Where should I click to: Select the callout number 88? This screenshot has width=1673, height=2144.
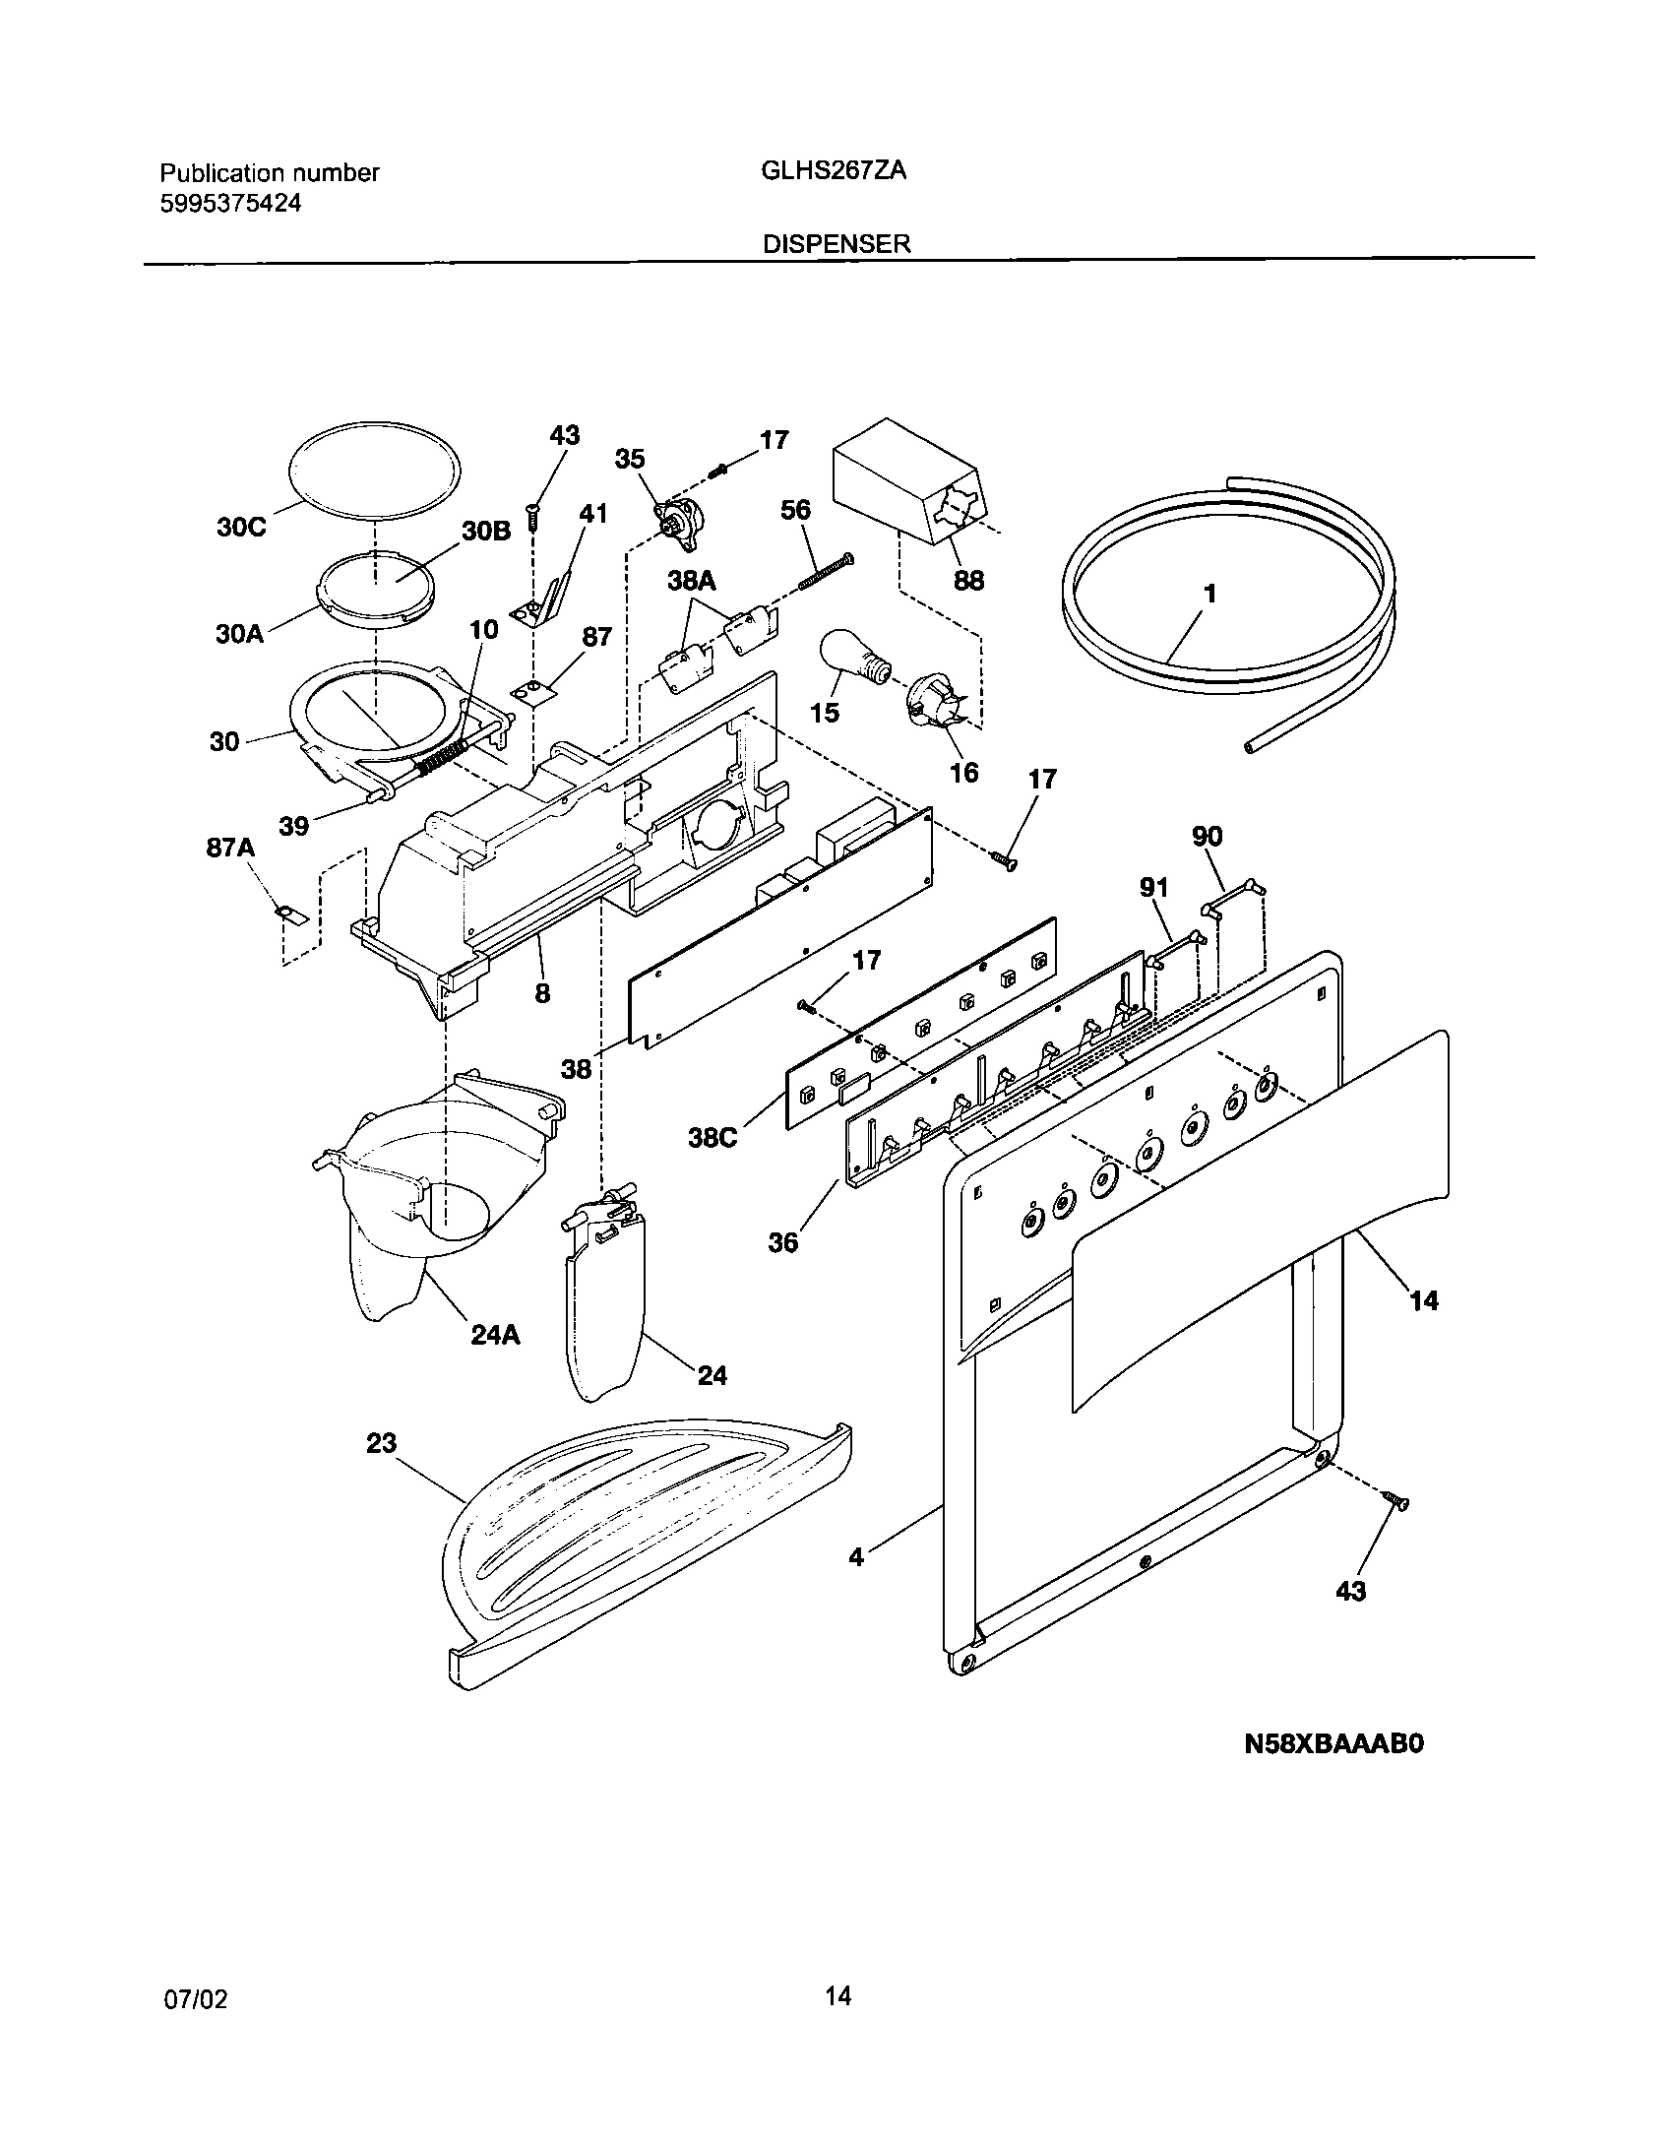[968, 581]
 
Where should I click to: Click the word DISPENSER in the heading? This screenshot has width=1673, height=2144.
[836, 244]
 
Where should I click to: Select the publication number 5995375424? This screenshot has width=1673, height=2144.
[230, 204]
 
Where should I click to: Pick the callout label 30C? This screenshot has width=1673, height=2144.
[241, 528]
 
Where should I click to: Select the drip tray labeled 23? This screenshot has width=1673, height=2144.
[640, 1545]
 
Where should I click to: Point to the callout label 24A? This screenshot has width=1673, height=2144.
[494, 1335]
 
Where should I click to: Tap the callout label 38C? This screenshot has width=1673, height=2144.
[712, 1137]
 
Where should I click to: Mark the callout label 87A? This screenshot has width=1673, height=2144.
[230, 847]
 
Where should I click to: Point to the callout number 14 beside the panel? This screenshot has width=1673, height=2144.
[1423, 1301]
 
